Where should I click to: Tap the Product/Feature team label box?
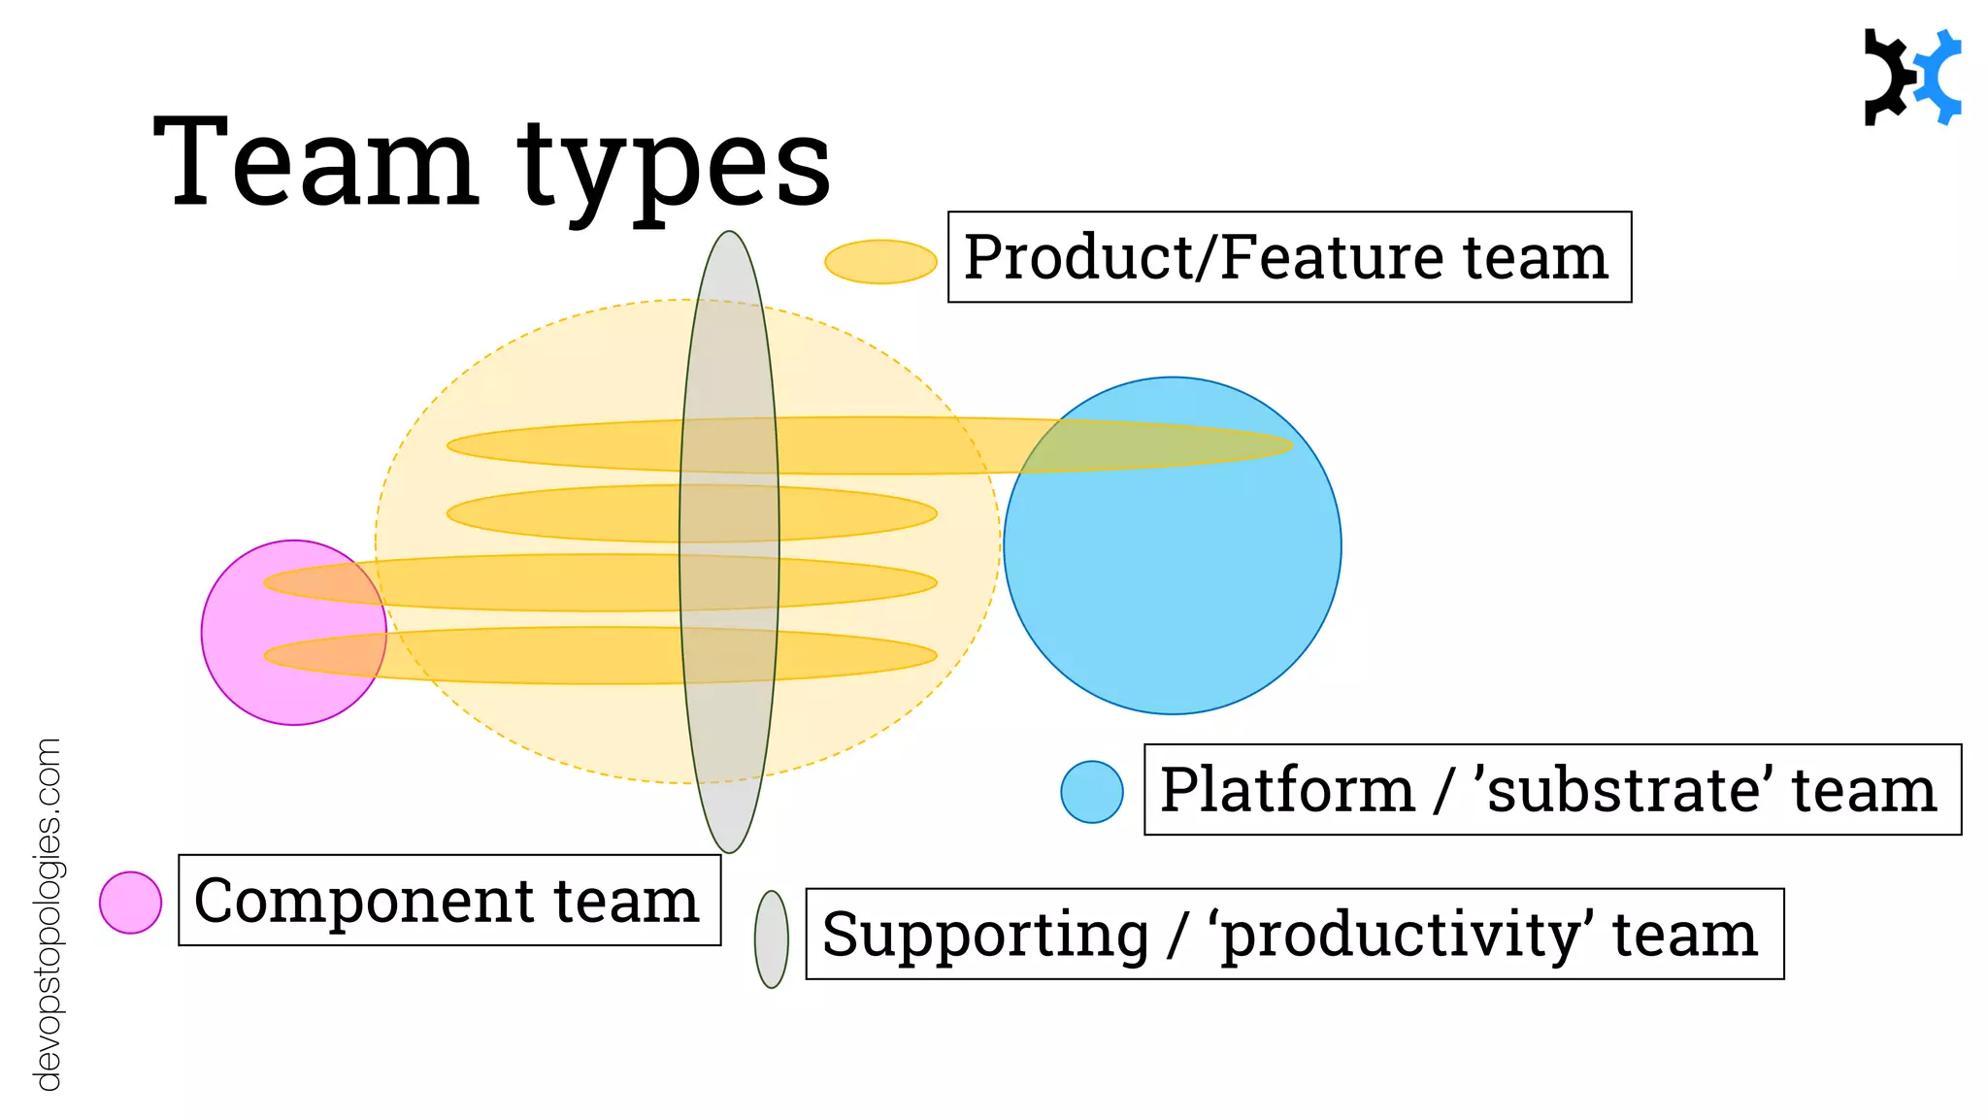[x=1288, y=257]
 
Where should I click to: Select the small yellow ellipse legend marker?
[x=880, y=262]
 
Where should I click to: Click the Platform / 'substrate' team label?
[x=1551, y=789]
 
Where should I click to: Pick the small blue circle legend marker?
[x=1092, y=792]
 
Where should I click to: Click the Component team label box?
[x=449, y=900]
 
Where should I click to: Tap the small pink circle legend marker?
[x=130, y=903]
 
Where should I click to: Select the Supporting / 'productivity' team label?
[x=1294, y=934]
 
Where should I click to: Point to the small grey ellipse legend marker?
[x=772, y=939]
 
